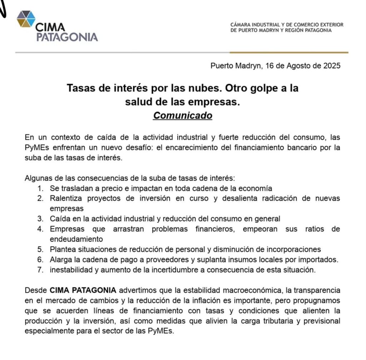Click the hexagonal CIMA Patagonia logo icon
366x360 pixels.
pyautogui.click(x=26, y=19)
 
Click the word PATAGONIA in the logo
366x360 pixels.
pyautogui.click(x=67, y=37)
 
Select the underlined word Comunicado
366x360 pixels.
pyautogui.click(x=183, y=116)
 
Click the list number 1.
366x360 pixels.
pyautogui.click(x=41, y=188)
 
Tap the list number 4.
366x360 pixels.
pyautogui.click(x=41, y=229)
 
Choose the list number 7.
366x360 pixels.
pyautogui.click(x=41, y=270)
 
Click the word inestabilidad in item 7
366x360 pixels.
pyautogui.click(x=72, y=270)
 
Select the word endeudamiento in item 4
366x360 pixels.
pyautogui.click(x=76, y=239)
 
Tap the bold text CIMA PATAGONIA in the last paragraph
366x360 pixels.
pyautogui.click(x=83, y=290)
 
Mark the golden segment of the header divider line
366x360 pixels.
pyautogui.click(x=289, y=53)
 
